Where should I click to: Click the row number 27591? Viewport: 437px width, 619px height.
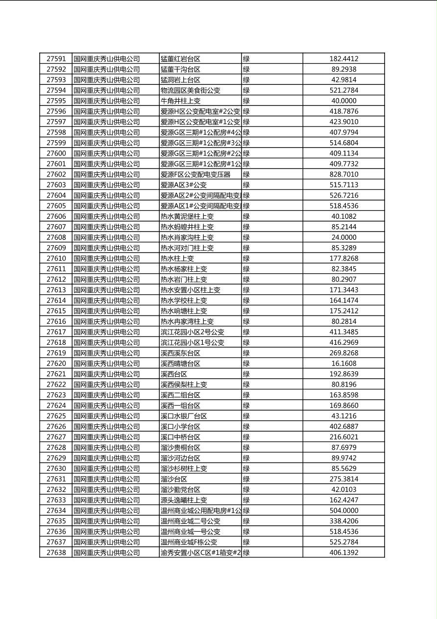click(56, 59)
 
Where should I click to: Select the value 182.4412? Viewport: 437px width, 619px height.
click(343, 59)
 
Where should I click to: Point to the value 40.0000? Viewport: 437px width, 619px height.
click(343, 101)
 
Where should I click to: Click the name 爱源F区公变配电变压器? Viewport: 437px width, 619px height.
click(195, 174)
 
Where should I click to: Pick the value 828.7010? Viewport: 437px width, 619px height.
click(343, 174)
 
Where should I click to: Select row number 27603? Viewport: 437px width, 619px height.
click(56, 185)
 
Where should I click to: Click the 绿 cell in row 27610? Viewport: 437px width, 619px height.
click(246, 258)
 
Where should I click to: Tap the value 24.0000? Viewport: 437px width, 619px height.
click(343, 237)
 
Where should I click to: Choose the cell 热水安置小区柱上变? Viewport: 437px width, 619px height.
click(191, 290)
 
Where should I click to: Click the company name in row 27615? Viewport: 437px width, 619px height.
click(106, 311)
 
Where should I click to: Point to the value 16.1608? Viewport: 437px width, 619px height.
click(343, 363)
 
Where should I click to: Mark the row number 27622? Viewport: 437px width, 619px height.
click(56, 385)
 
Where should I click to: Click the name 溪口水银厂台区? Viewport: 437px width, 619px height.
click(184, 416)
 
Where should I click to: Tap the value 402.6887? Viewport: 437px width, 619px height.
click(343, 427)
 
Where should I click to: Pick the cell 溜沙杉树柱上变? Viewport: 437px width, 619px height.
click(184, 468)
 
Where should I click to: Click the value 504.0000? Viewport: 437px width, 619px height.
click(343, 511)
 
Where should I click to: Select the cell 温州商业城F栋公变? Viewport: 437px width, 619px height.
click(189, 542)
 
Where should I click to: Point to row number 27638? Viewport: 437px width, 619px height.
click(56, 553)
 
